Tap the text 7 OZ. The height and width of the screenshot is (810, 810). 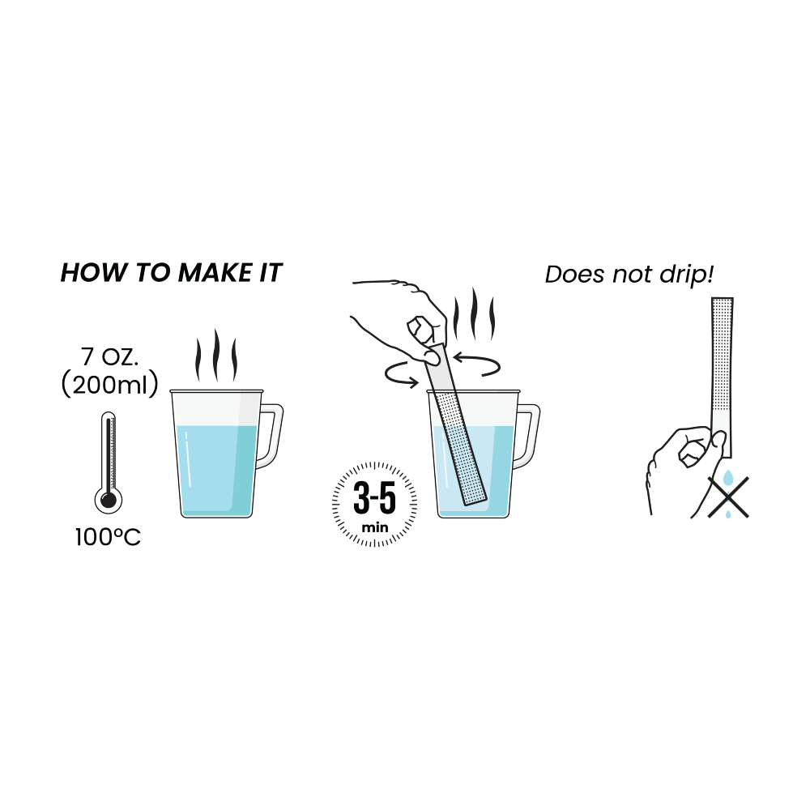pyautogui.click(x=109, y=357)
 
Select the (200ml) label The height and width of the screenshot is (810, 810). pyautogui.click(x=109, y=385)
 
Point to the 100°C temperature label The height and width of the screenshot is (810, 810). pyautogui.click(x=108, y=537)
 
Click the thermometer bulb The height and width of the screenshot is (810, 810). pyautogui.click(x=109, y=500)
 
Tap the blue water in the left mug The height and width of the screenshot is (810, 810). pyautogui.click(x=217, y=469)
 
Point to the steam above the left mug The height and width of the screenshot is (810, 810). pyautogui.click(x=216, y=356)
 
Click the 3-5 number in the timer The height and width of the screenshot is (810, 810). pyautogui.click(x=374, y=498)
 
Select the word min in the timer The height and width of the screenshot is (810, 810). pyautogui.click(x=375, y=527)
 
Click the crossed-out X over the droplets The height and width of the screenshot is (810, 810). pyautogui.click(x=728, y=497)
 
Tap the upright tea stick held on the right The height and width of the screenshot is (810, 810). pyautogui.click(x=723, y=377)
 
